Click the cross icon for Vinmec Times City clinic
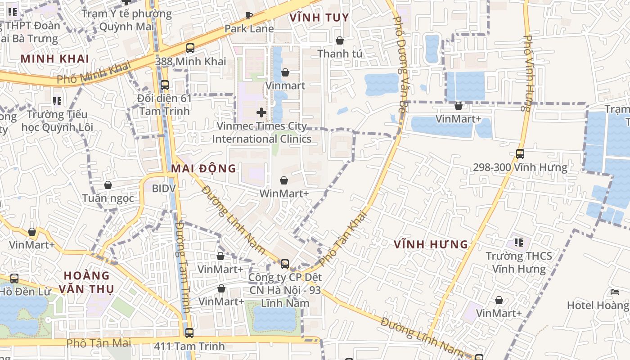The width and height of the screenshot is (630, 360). [261, 112]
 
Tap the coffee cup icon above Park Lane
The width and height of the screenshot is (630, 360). [248, 16]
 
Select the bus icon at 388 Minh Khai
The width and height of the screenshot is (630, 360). [190, 48]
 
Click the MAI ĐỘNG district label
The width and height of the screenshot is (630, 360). [203, 168]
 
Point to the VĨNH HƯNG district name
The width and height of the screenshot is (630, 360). [431, 244]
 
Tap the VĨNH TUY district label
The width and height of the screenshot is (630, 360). [319, 18]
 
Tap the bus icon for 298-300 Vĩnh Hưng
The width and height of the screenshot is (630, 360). [520, 154]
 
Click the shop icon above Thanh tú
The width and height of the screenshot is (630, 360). [340, 40]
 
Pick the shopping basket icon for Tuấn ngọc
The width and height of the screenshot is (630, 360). [108, 185]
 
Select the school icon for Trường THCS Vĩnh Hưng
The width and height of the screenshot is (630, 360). [519, 243]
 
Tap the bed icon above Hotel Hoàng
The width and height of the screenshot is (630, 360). [615, 292]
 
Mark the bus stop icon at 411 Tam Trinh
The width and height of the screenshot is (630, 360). [189, 333]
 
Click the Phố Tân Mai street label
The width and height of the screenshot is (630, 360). [99, 343]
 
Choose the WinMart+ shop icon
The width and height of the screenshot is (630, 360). [284, 181]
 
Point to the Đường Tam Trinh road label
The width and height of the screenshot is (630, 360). [184, 267]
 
